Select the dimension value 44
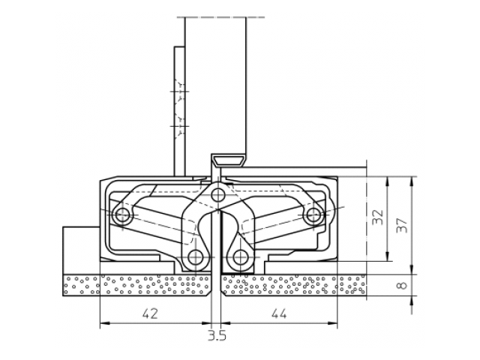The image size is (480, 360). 278,315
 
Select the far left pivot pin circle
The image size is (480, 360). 123,217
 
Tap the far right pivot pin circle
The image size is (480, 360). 312,217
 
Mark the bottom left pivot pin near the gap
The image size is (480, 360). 196,259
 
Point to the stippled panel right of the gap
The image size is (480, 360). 292,286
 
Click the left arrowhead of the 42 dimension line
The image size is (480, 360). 103,324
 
